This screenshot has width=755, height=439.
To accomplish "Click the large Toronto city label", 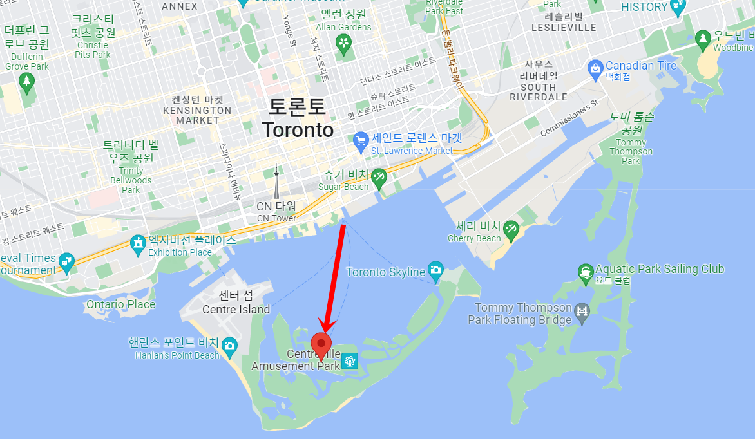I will (x=298, y=118).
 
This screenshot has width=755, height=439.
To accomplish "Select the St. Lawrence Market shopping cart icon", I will (x=361, y=139).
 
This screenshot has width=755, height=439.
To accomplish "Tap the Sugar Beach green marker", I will (x=379, y=176).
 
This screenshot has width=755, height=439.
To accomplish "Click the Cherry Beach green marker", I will (x=511, y=228).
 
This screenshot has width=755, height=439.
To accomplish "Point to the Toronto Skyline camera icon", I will (x=436, y=270).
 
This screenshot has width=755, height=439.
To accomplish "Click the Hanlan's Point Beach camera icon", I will (x=229, y=348).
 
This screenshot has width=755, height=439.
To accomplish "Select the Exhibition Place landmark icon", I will (x=138, y=243).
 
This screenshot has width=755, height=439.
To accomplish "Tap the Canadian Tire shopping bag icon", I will (x=595, y=66).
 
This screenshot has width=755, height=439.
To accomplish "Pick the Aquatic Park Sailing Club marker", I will (x=585, y=270).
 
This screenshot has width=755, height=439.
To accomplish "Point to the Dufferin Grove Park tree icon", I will (x=26, y=82).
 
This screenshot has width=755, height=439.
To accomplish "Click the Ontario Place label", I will (x=120, y=304).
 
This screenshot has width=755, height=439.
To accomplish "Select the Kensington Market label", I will (x=197, y=110).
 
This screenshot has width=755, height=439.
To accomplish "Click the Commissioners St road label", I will (x=569, y=117).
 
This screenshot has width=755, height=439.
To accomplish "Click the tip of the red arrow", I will (x=325, y=331).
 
